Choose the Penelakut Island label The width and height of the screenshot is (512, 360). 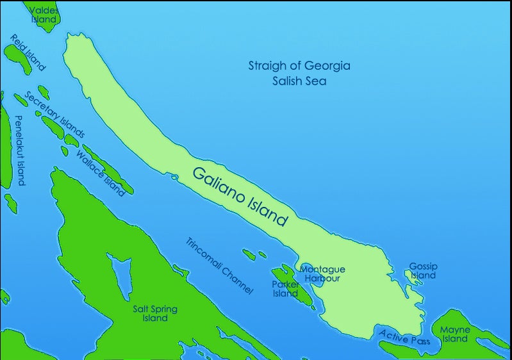tap(19, 151)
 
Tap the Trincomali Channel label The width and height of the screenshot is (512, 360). tap(219, 266)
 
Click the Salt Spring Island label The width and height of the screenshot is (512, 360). tap(154, 314)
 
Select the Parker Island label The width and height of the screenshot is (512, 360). tap(285, 289)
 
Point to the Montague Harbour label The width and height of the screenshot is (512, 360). tap(322, 274)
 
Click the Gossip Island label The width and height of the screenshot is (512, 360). tap(422, 270)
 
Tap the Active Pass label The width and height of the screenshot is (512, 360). tap(404, 337)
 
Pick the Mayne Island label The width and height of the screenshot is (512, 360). tap(455, 334)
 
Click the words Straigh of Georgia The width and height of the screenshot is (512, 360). tap(299, 66)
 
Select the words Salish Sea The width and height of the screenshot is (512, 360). tap(299, 81)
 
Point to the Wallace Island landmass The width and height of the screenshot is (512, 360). tap(109, 170)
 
